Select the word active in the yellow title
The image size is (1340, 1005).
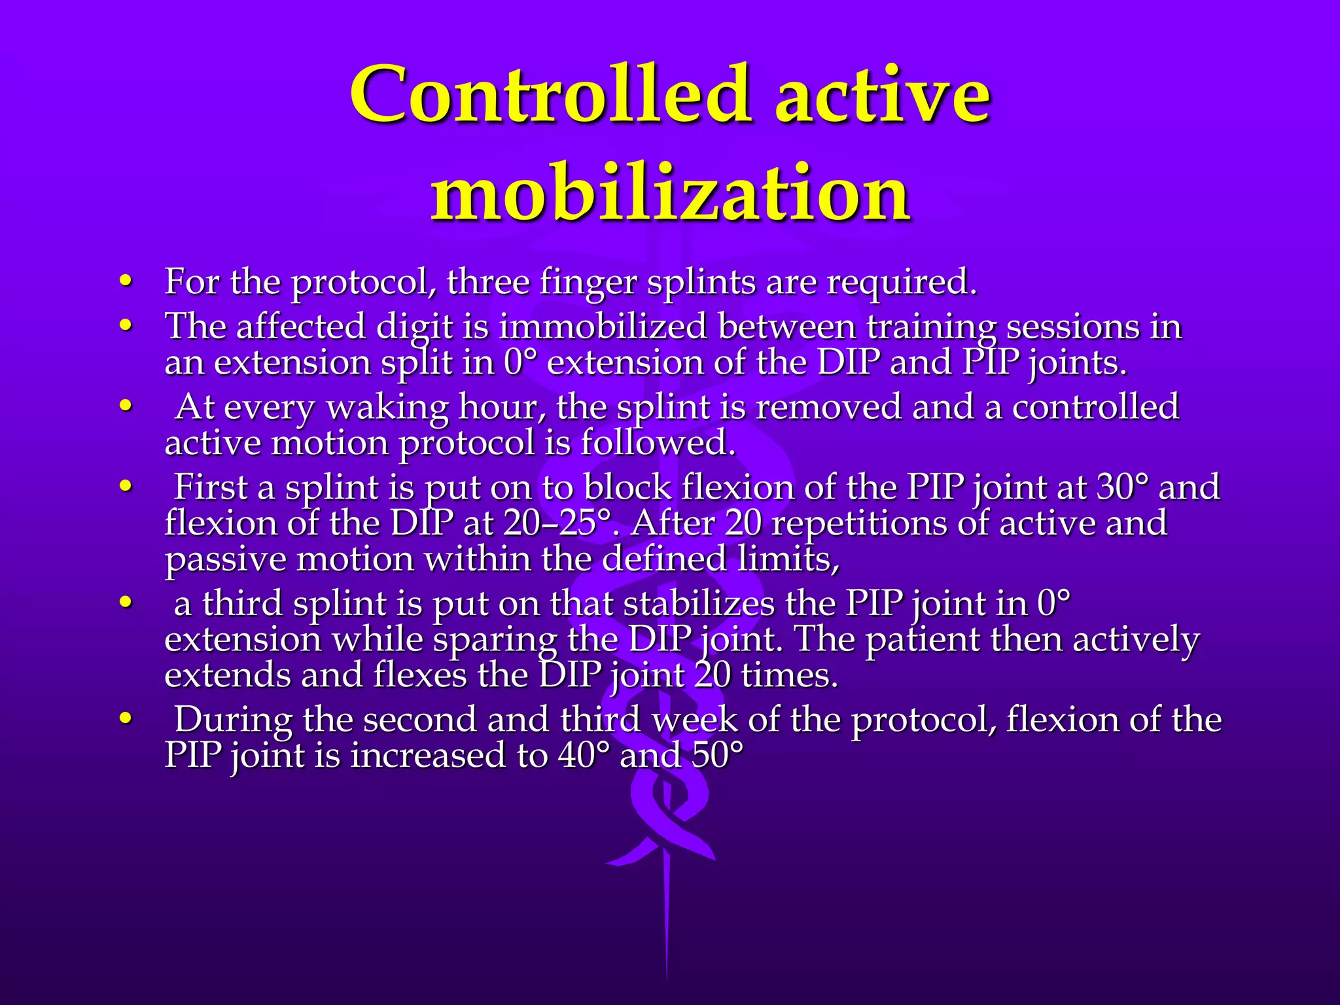pos(883,95)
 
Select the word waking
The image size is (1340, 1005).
pos(387,407)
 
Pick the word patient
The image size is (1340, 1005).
pos(923,639)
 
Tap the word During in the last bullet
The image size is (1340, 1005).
pos(233,720)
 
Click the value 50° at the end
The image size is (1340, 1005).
pos(717,756)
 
